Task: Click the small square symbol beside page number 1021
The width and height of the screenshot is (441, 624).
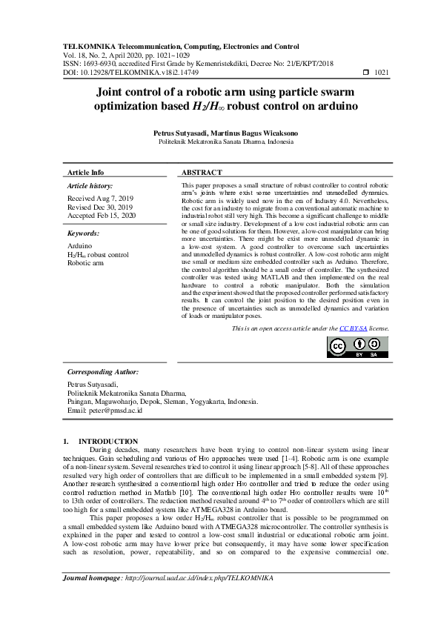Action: pyautogui.click(x=365, y=73)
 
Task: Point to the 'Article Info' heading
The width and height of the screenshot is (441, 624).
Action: pyautogui.click(x=86, y=172)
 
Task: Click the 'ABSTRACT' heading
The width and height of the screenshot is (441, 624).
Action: pyautogui.click(x=202, y=172)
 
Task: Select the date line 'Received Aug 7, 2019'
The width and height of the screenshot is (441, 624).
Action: pyautogui.click(x=100, y=199)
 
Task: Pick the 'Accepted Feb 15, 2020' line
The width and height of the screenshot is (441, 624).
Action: pyautogui.click(x=102, y=215)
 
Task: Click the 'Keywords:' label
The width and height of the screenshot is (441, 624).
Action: pyautogui.click(x=84, y=232)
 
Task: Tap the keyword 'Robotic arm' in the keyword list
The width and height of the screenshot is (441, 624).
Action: pyautogui.click(x=87, y=262)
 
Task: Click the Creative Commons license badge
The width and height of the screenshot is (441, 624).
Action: pyautogui.click(x=357, y=347)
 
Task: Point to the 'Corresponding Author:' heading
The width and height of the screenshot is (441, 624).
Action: pyautogui.click(x=103, y=371)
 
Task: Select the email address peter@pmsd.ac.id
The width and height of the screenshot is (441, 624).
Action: pyautogui.click(x=110, y=410)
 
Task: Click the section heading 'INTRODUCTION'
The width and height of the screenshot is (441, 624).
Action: pyautogui.click(x=108, y=442)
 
